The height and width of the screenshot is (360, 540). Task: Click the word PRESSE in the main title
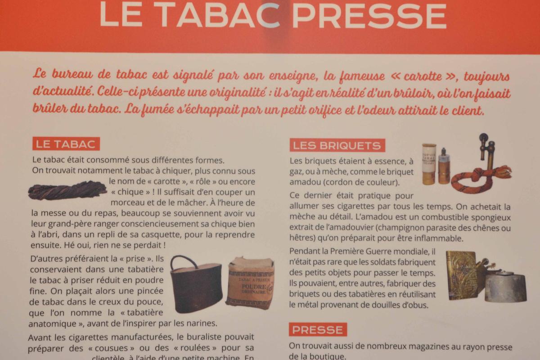(x=369, y=15)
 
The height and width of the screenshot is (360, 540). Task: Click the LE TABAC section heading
(x=66, y=144)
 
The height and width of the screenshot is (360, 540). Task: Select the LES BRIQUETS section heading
(x=337, y=145)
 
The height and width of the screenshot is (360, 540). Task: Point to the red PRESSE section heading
(x=318, y=329)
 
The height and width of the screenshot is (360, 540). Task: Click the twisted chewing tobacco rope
(x=67, y=190)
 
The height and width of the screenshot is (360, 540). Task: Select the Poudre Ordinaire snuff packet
(x=250, y=283)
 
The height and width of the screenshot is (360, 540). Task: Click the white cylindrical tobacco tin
(x=429, y=164)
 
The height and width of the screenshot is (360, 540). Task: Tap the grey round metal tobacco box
(x=505, y=287)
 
